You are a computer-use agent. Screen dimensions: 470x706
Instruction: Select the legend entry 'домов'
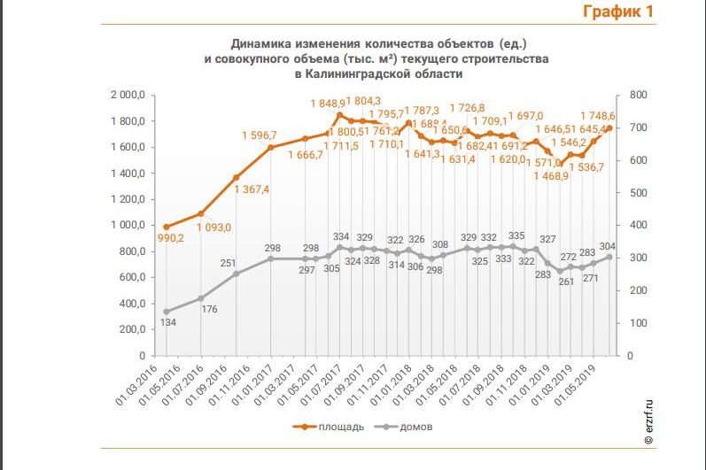[x=415, y=427]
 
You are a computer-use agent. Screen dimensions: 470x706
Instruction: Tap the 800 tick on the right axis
[x=640, y=95]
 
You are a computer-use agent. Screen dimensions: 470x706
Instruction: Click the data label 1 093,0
[x=213, y=227]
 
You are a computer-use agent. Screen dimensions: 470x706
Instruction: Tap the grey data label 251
[x=229, y=263]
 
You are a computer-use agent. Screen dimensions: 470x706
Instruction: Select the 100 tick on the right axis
[x=640, y=323]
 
